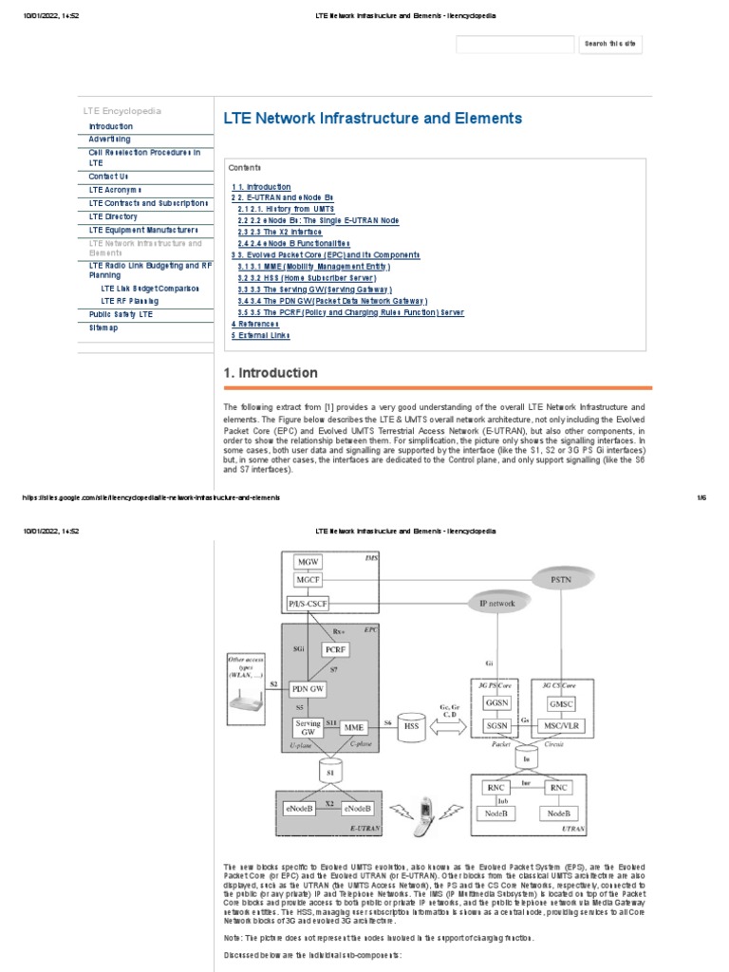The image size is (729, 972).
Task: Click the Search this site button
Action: [609, 44]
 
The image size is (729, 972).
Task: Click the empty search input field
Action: [515, 44]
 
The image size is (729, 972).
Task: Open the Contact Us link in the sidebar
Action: [108, 177]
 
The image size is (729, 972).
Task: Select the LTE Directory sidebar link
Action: [114, 216]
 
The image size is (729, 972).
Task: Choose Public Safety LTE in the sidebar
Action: [121, 313]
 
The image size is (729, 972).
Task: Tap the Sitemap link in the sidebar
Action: [103, 327]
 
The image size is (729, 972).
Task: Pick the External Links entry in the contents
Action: [261, 335]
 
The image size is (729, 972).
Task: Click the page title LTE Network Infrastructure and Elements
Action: [372, 119]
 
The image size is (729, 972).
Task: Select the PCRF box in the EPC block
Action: [335, 649]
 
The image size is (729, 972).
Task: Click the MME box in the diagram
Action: [354, 726]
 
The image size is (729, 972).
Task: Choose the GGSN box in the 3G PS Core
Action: [497, 704]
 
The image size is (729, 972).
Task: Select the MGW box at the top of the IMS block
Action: [308, 561]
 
